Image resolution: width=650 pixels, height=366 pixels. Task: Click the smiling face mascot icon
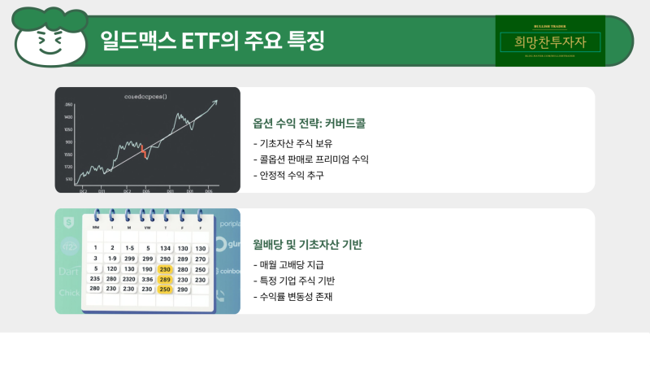point(50,37)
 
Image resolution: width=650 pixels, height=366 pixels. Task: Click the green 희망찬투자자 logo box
point(550,41)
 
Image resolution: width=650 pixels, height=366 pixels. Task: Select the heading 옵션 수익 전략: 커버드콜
point(310,124)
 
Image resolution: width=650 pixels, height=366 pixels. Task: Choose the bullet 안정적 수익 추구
point(288,176)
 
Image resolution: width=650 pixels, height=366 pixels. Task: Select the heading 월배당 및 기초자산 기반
point(307,244)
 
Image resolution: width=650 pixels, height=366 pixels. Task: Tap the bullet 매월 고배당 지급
point(292,264)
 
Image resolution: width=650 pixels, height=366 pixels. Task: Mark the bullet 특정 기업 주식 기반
point(294,281)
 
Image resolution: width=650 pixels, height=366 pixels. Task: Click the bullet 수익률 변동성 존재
point(293,297)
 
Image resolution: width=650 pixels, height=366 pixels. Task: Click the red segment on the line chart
point(144,151)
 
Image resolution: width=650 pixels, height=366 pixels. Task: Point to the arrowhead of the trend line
point(215,102)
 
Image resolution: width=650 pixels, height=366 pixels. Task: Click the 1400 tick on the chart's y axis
point(69,116)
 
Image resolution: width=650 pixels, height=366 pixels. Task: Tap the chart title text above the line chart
point(146,97)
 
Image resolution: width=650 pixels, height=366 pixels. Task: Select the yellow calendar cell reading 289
point(165,279)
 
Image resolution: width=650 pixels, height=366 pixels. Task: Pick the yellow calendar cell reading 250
point(165,290)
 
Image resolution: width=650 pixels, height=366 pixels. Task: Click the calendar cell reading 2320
point(129,279)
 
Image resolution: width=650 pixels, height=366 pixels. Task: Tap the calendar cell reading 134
point(165,248)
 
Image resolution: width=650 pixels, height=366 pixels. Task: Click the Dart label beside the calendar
point(69,270)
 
